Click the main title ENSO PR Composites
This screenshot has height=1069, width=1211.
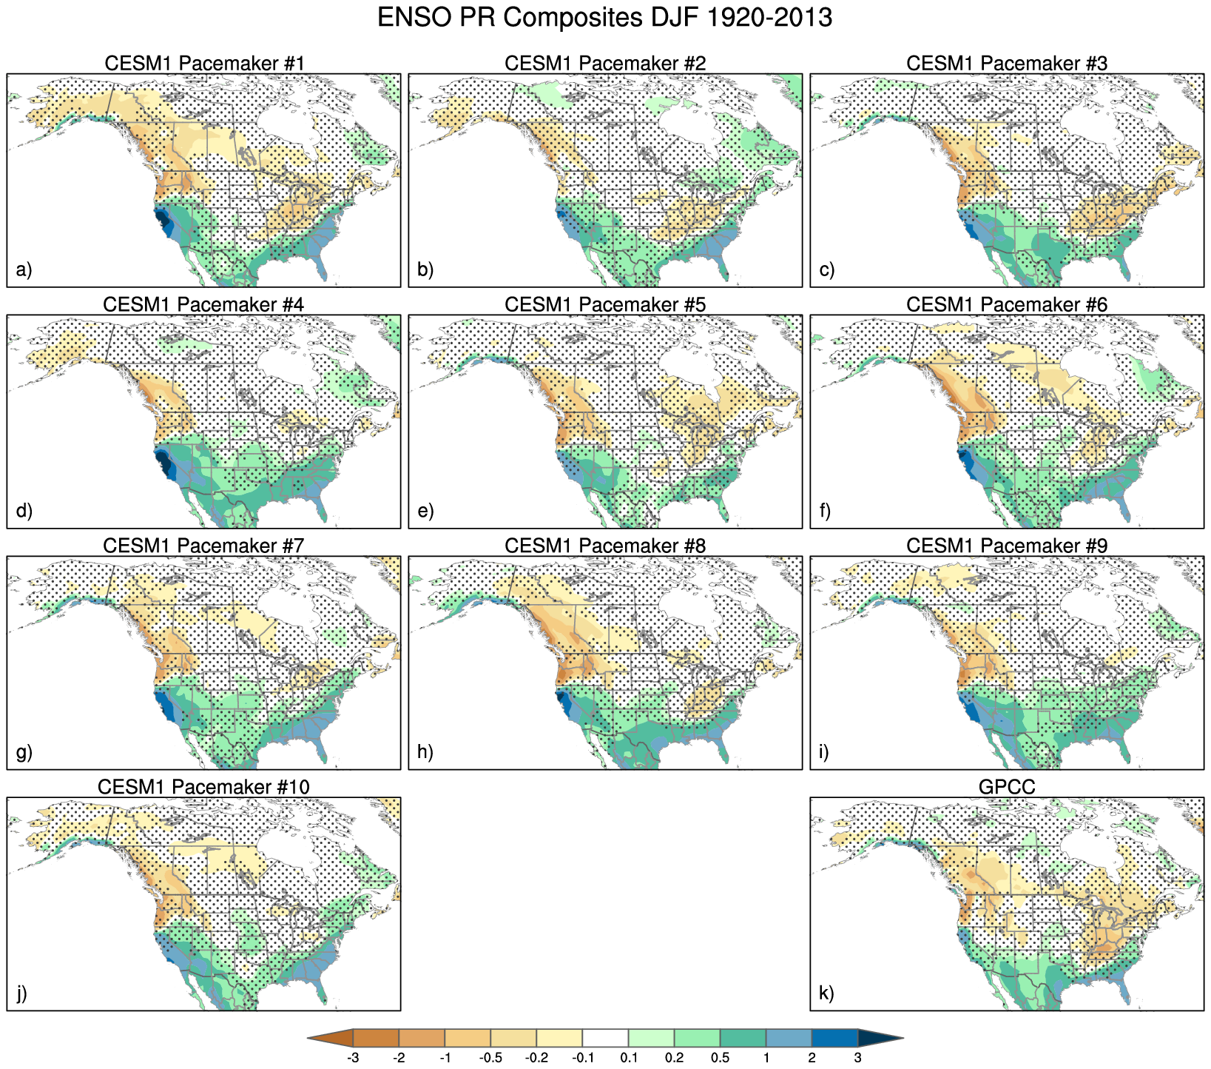click(604, 18)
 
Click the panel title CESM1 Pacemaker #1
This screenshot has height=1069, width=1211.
click(204, 63)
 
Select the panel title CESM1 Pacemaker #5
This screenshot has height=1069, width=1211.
click(605, 304)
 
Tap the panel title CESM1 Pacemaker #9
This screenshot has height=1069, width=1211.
click(1007, 546)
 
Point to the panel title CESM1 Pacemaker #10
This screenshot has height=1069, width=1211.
click(203, 787)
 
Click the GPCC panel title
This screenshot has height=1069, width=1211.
click(1007, 787)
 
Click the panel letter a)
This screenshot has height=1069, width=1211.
click(24, 269)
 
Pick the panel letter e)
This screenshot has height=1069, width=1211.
click(425, 511)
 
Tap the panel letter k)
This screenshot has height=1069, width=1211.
click(827, 993)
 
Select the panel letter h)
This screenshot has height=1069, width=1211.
click(425, 752)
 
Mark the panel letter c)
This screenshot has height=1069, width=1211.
click(827, 269)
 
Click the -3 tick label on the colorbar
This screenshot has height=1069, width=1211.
click(353, 1058)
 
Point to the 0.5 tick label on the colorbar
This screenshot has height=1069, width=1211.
click(720, 1058)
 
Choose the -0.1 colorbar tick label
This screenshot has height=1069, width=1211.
click(582, 1058)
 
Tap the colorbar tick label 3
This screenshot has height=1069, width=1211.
click(857, 1058)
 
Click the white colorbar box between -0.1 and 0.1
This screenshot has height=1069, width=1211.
click(605, 1039)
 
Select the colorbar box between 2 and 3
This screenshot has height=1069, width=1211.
click(834, 1039)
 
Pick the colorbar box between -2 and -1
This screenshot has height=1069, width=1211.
click(422, 1039)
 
